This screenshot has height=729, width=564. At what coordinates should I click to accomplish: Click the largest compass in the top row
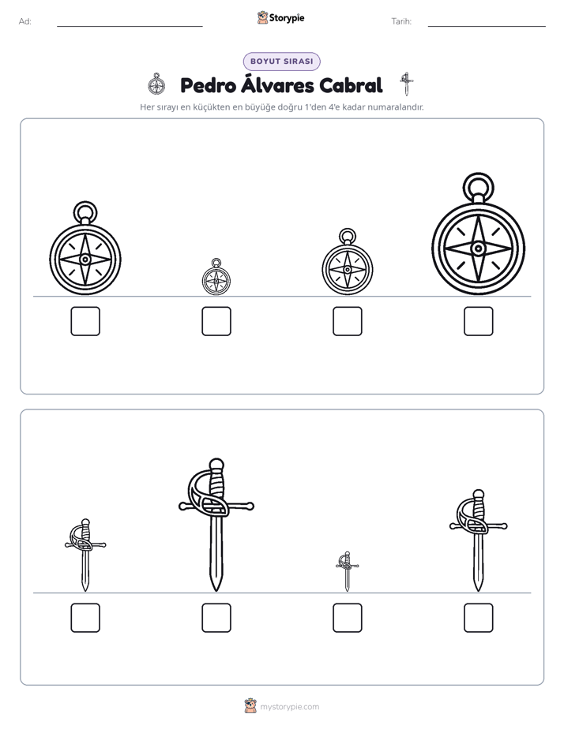[x=478, y=249]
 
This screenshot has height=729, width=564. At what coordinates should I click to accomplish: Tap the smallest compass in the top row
[x=216, y=280]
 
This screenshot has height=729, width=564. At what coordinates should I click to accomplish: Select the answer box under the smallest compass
[x=216, y=321]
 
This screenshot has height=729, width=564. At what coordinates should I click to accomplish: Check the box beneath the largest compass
[x=479, y=321]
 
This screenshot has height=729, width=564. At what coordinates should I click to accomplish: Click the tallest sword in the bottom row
[x=216, y=525]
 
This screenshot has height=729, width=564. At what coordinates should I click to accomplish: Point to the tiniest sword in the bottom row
[x=347, y=571]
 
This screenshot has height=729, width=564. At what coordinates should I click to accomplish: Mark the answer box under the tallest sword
[x=216, y=618]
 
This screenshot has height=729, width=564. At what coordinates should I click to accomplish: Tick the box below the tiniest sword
[x=348, y=618]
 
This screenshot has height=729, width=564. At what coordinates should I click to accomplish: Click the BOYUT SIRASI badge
[x=281, y=62]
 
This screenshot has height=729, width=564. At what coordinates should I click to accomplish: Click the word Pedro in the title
[x=208, y=85]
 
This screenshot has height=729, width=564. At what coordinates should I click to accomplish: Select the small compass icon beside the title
[x=156, y=84]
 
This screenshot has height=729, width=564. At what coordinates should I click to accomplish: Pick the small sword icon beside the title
[x=406, y=84]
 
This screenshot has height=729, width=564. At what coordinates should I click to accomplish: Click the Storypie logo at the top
[x=280, y=17]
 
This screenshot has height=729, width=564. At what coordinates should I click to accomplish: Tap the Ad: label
[x=25, y=21]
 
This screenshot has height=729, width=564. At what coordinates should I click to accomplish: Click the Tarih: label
[x=401, y=21]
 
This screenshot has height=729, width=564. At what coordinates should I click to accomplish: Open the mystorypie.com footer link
[x=289, y=707]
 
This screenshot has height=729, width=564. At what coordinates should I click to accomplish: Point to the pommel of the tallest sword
[x=216, y=464]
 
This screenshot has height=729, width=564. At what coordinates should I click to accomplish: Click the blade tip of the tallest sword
[x=216, y=591]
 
